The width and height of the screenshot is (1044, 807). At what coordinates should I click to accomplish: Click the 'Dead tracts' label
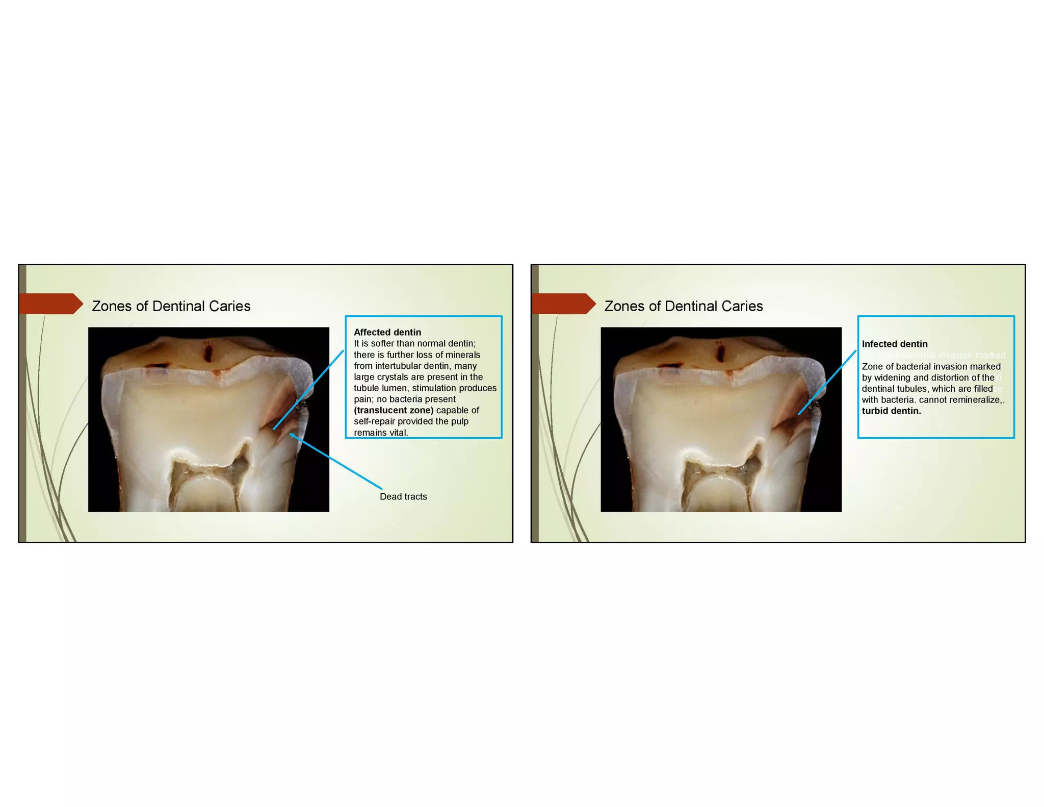[x=403, y=496]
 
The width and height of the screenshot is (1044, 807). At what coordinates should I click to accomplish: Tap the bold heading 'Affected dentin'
[x=387, y=332]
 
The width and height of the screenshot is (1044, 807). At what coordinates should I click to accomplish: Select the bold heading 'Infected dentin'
[x=895, y=344]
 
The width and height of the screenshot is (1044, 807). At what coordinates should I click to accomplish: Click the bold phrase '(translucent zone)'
[x=394, y=410]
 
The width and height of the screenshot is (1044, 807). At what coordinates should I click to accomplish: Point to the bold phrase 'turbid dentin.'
[x=891, y=411]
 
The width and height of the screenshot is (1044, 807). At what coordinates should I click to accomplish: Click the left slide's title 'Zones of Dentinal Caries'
[x=171, y=306]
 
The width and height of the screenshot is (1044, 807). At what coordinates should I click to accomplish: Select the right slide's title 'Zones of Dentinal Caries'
[x=684, y=306]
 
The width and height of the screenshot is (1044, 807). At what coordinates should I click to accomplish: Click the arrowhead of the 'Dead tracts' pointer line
[x=292, y=435]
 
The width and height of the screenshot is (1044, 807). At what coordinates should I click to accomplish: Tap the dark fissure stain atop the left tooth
[x=208, y=352]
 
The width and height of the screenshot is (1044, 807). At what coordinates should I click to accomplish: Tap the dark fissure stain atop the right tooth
[x=720, y=352]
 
